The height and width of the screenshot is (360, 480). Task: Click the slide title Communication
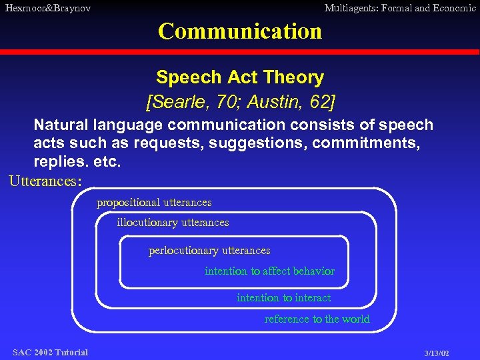click(240, 31)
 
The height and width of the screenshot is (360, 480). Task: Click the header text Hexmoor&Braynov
click(48, 9)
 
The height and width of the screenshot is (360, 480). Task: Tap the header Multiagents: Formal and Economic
click(399, 9)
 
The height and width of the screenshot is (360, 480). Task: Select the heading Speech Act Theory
click(240, 77)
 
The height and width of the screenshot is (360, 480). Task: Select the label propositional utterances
click(154, 202)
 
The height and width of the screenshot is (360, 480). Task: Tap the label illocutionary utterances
click(173, 222)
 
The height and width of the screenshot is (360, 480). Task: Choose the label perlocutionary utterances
click(209, 251)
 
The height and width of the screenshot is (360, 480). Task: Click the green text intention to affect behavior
click(269, 271)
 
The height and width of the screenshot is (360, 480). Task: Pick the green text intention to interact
click(283, 297)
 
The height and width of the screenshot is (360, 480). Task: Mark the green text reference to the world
click(317, 319)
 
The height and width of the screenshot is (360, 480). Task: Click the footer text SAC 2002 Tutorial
click(50, 352)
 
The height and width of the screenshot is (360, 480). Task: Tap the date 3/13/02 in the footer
click(437, 353)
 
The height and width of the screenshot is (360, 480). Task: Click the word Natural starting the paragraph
click(61, 125)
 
